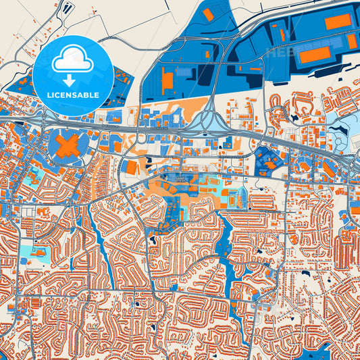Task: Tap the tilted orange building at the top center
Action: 208,14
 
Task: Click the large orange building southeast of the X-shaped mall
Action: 132,166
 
